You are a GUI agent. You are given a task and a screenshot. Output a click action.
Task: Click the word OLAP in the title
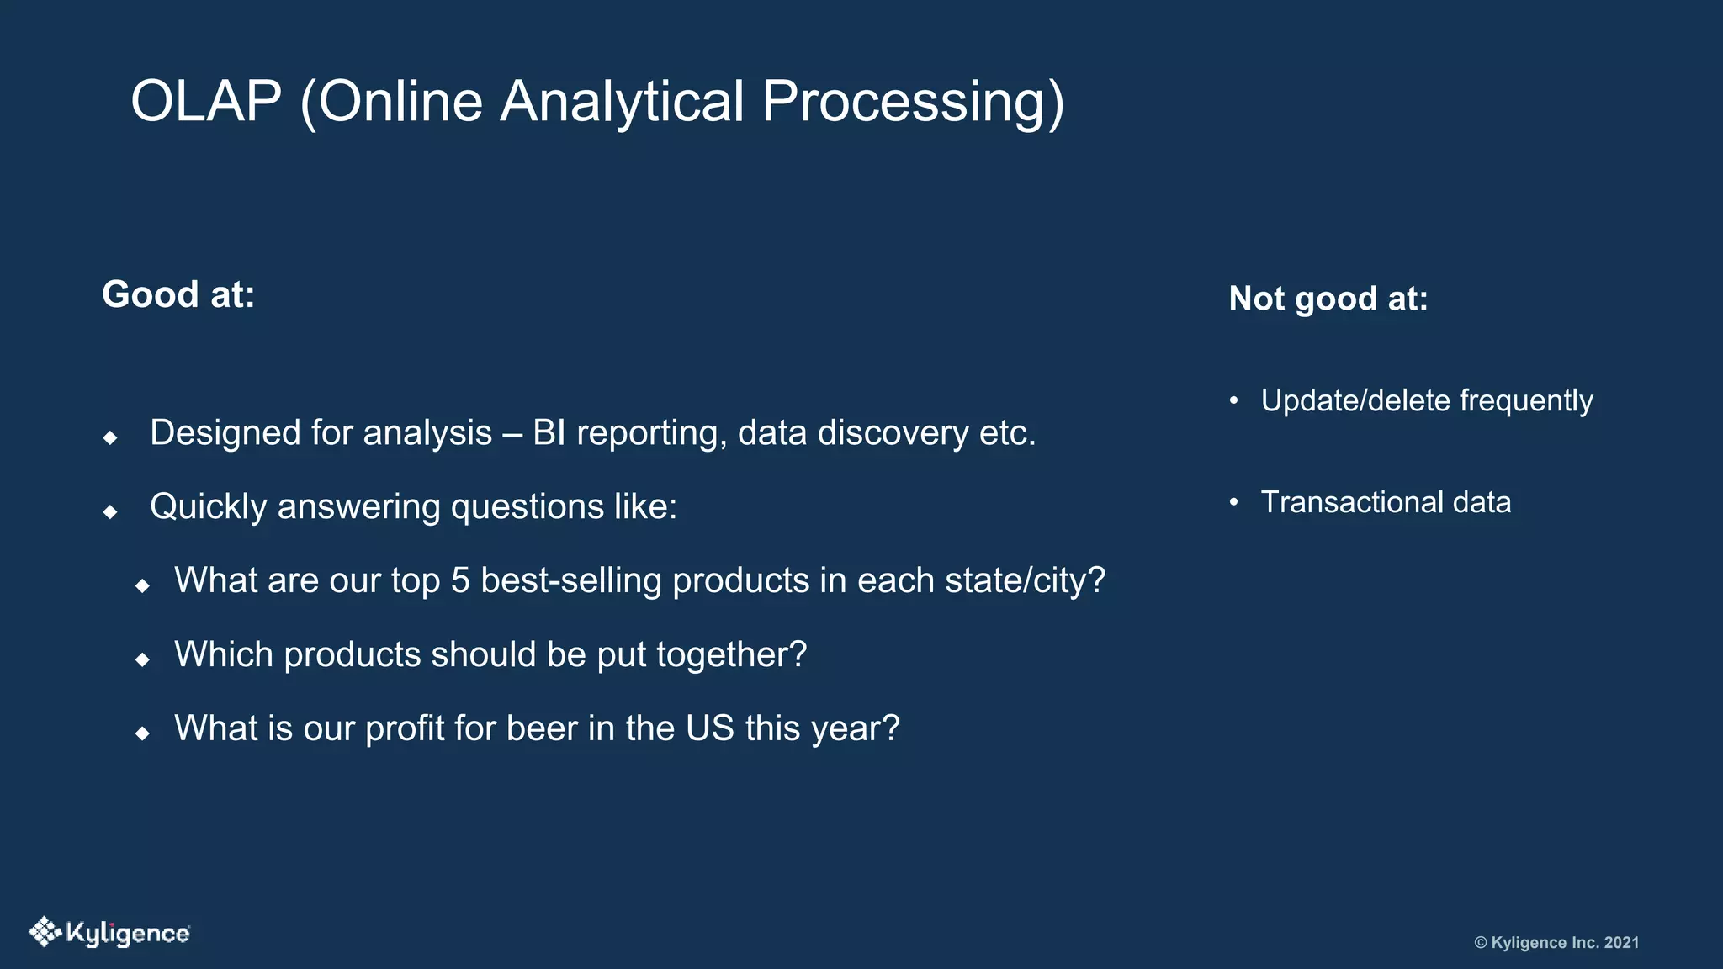click(206, 102)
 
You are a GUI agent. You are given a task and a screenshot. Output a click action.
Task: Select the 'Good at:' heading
click(178, 294)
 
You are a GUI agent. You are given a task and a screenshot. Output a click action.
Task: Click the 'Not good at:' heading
click(1328, 299)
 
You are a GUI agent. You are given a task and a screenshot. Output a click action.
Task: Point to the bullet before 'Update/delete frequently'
click(1233, 400)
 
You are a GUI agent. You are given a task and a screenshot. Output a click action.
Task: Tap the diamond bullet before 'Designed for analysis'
click(110, 437)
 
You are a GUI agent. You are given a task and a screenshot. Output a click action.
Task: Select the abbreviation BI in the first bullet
click(549, 433)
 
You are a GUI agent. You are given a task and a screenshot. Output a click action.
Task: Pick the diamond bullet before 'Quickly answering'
click(110, 511)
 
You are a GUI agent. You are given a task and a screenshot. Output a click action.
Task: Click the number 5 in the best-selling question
click(460, 580)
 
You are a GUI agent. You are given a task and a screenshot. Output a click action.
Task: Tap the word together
click(731, 654)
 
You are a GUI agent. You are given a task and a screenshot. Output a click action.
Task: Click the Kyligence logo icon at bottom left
click(45, 932)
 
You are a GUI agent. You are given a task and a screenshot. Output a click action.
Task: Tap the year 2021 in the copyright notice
click(1621, 943)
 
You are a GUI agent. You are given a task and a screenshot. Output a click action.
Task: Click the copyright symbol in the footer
click(1481, 943)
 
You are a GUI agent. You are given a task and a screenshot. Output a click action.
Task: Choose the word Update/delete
click(1355, 400)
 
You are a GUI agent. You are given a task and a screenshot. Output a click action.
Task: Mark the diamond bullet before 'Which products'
click(143, 659)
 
